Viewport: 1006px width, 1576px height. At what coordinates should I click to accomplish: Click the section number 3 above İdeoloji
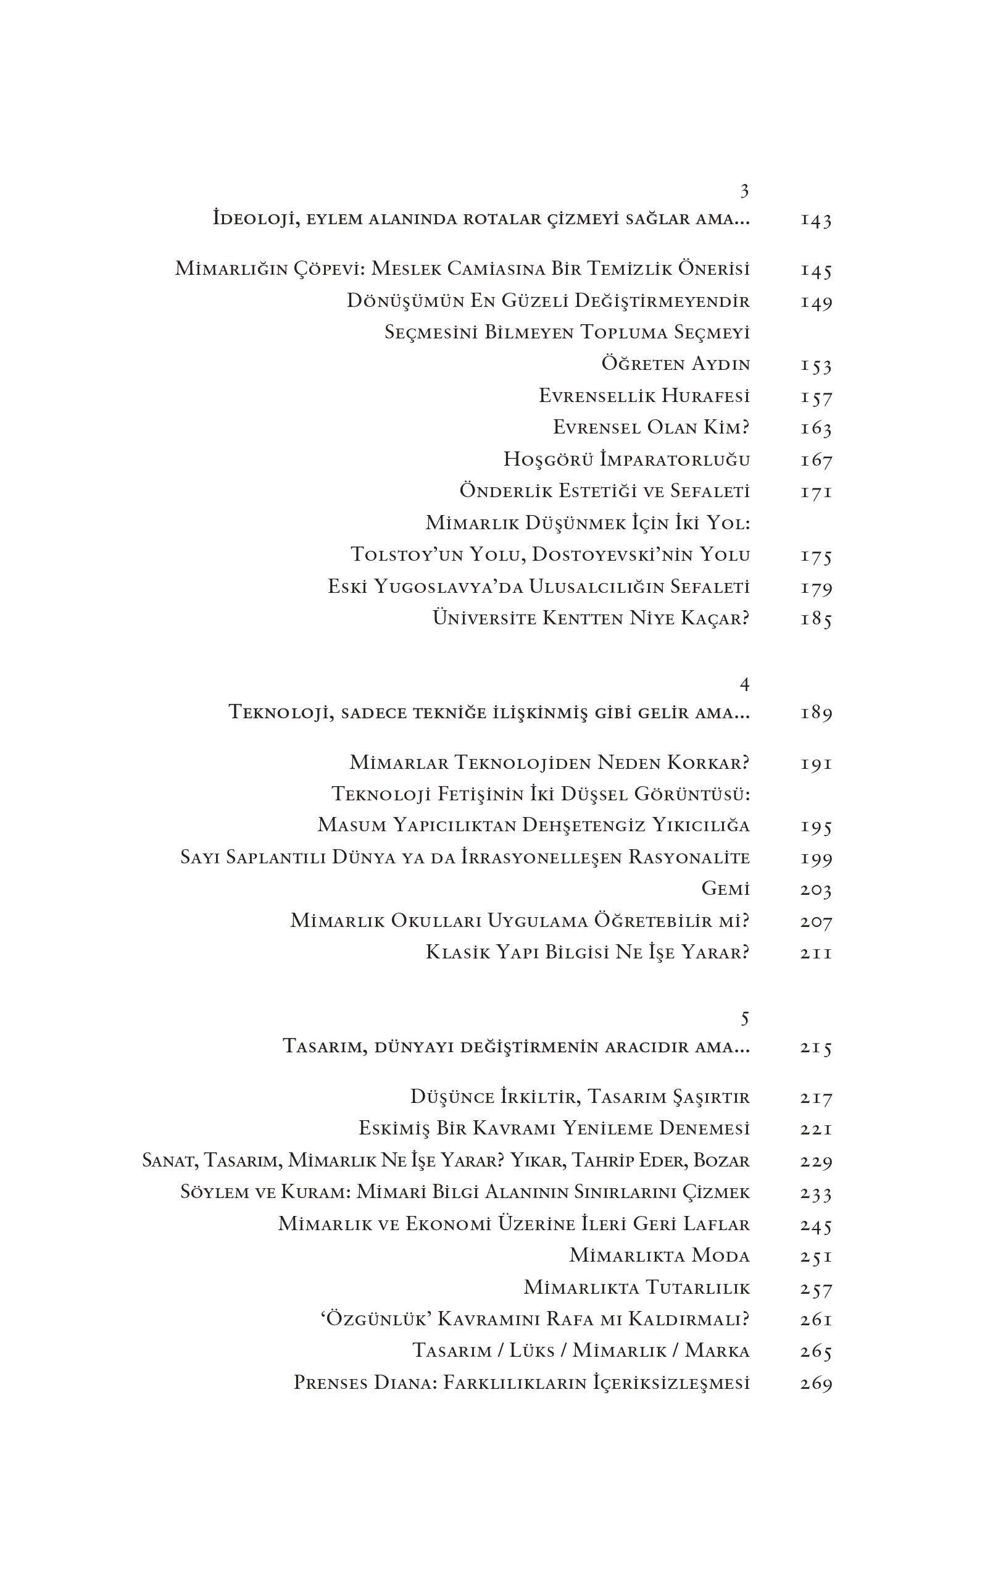[x=744, y=191]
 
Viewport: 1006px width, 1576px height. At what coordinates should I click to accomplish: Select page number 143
[x=816, y=220]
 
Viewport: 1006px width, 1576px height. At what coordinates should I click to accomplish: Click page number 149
[x=816, y=303]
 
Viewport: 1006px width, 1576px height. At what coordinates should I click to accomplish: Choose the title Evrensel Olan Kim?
[x=651, y=428]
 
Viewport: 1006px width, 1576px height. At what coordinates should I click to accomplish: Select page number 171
[x=816, y=492]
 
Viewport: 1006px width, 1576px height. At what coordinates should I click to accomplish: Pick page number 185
[x=816, y=619]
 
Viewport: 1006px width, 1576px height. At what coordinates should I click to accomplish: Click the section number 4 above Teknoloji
[x=744, y=685]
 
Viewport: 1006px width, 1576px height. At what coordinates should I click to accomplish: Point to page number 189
[x=816, y=713]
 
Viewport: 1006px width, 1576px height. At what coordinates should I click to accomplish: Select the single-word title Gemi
[x=725, y=889]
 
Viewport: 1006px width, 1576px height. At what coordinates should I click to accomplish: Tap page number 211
[x=816, y=953]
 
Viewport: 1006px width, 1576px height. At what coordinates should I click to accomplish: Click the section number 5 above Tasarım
[x=744, y=1018]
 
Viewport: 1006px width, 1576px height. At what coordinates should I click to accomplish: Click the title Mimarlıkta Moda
[x=659, y=1256]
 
